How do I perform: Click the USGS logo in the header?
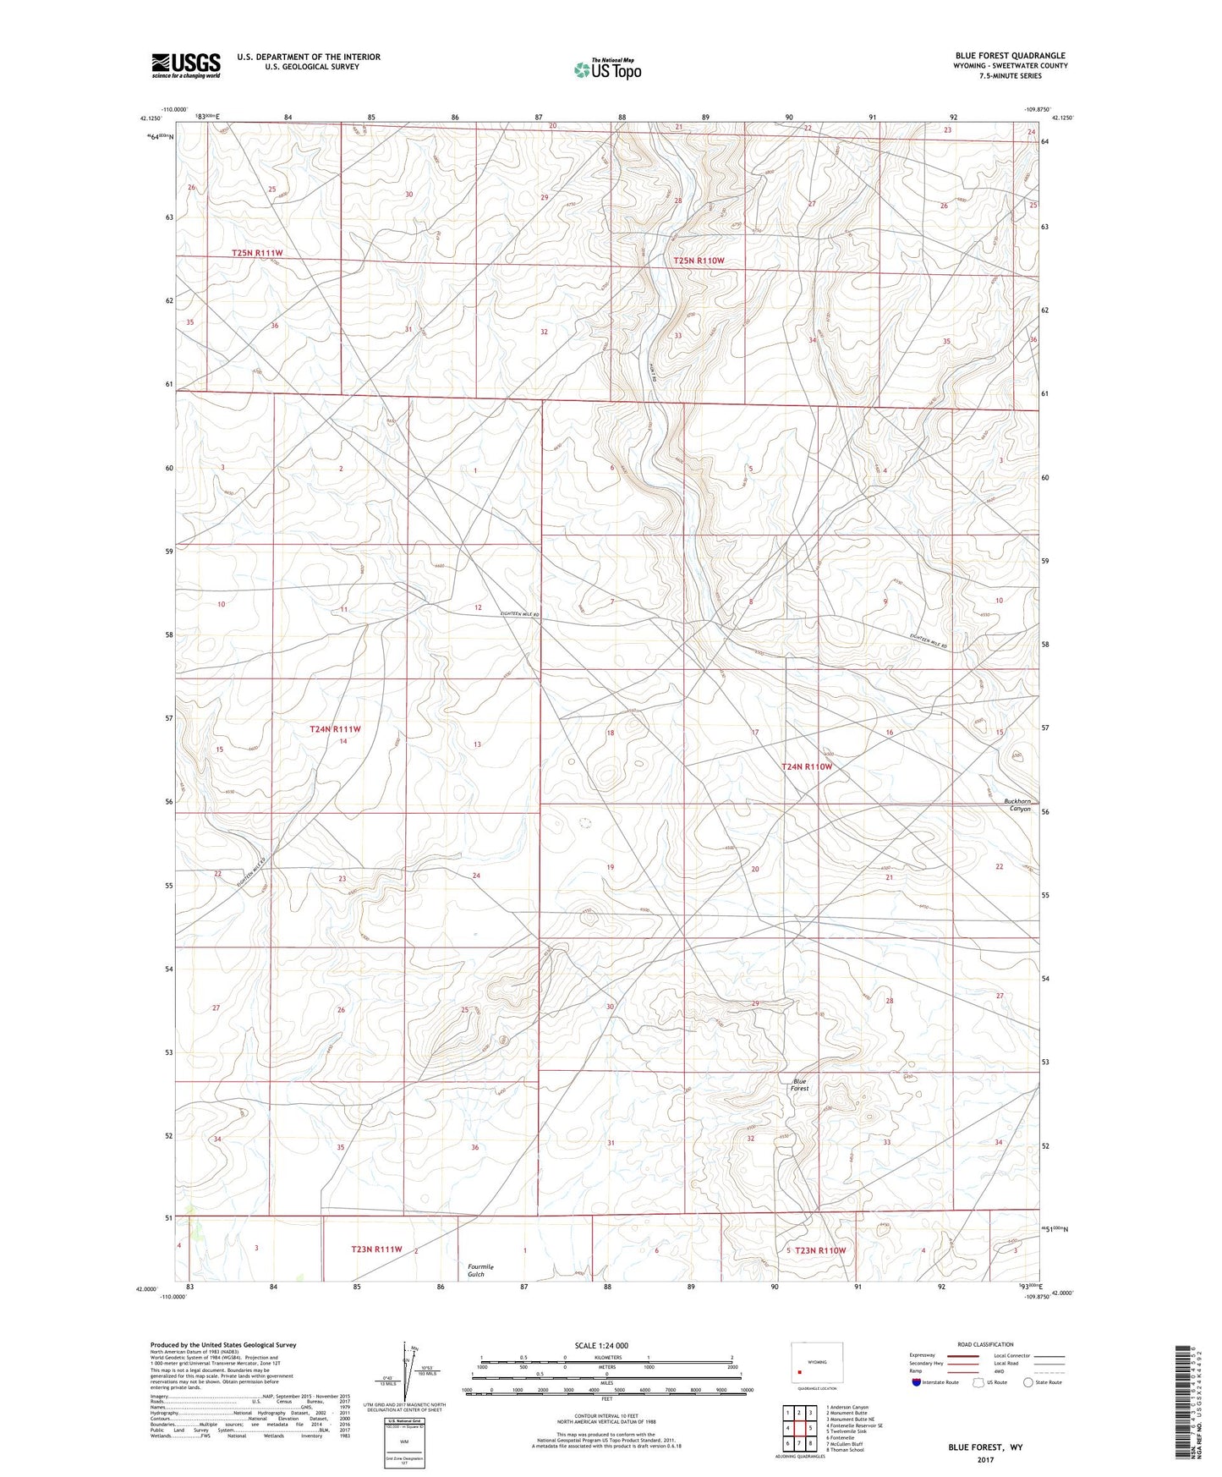186,65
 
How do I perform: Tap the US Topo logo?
607,69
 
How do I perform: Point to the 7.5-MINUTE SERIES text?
1011,76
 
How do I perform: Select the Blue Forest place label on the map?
800,1084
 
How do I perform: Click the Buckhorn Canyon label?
1017,804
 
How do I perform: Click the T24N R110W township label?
807,766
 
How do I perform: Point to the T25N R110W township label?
699,261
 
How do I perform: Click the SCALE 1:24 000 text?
601,1346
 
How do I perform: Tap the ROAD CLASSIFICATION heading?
986,1344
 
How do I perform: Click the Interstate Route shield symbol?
918,1382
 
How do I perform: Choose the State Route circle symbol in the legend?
1028,1382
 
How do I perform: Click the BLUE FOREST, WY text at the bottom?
985,1447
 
